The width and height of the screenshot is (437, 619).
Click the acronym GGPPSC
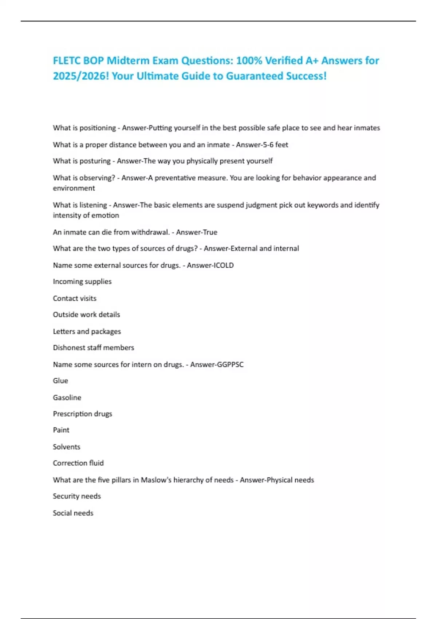click(x=230, y=364)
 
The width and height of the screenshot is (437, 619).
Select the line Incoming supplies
click(x=82, y=281)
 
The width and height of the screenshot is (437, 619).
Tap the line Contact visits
click(x=75, y=298)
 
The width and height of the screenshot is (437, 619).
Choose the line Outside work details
click(x=86, y=315)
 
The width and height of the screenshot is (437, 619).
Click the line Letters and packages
click(x=87, y=331)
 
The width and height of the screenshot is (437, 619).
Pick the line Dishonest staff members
click(x=93, y=348)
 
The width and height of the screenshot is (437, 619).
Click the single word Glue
click(x=60, y=381)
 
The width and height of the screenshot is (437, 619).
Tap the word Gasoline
click(x=67, y=398)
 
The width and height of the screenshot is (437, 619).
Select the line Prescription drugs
click(x=82, y=414)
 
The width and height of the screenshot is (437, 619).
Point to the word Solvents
click(x=67, y=447)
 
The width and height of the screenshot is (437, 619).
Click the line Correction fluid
click(x=78, y=463)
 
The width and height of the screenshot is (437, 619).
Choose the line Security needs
click(x=77, y=496)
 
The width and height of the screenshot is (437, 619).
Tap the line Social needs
click(x=73, y=513)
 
